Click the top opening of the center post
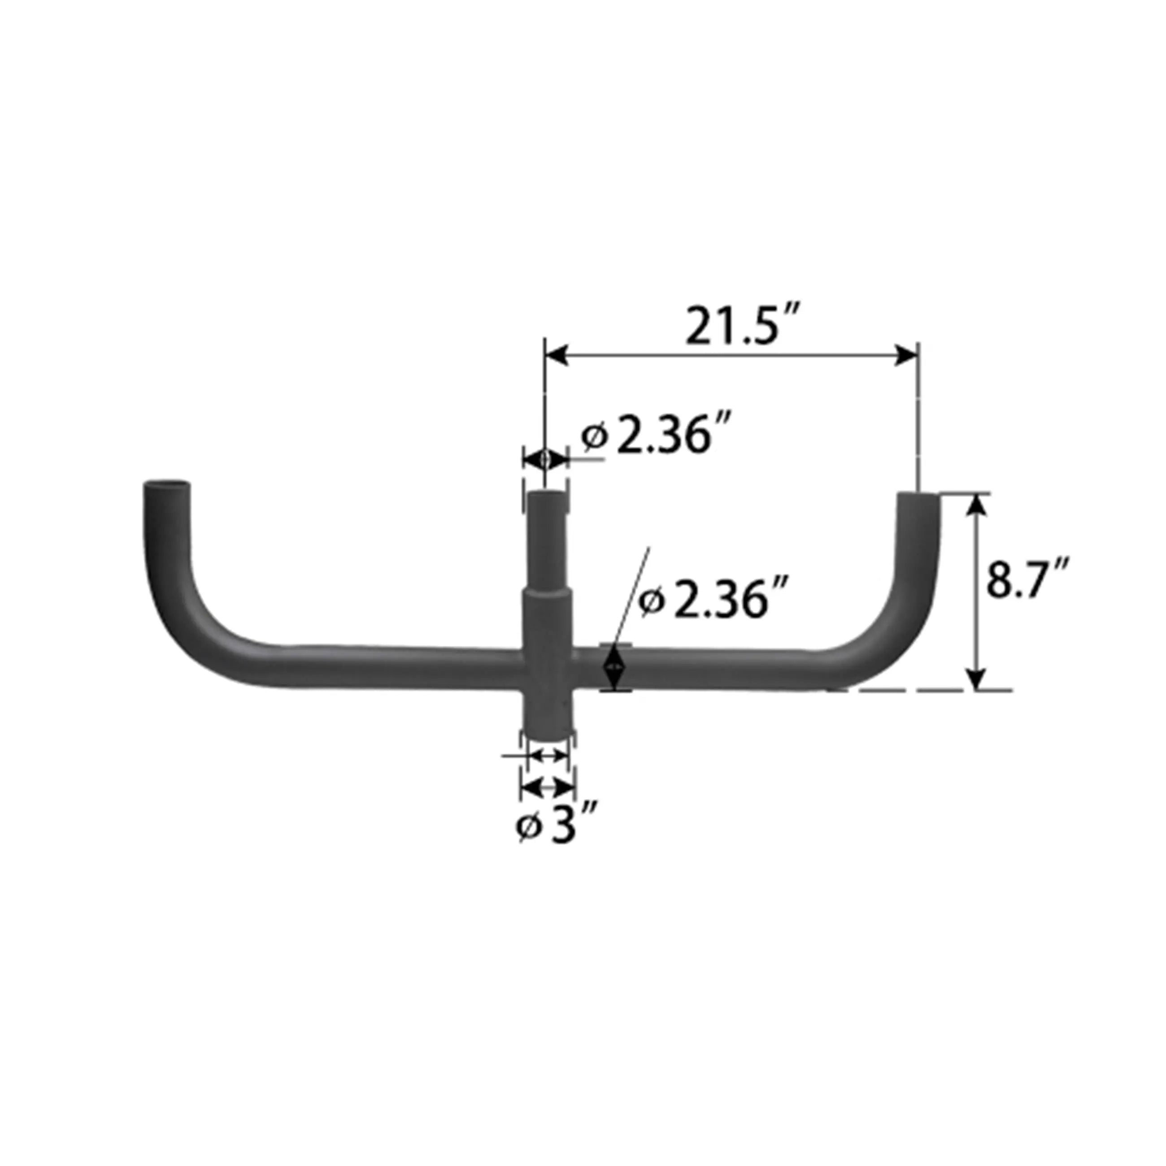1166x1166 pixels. point(548,497)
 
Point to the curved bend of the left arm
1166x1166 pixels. point(193,622)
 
